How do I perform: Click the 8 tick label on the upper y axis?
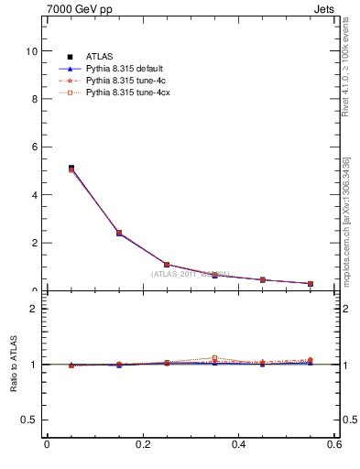click(34, 99)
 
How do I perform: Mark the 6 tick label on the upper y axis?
click(34, 147)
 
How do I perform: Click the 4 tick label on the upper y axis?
click(34, 195)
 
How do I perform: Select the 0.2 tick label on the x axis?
click(142, 444)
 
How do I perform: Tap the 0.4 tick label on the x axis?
click(238, 444)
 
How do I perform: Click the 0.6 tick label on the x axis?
click(334, 444)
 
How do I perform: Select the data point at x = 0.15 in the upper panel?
click(119, 233)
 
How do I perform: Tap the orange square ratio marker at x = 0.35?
click(215, 358)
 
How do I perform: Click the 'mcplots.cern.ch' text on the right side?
click(347, 247)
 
